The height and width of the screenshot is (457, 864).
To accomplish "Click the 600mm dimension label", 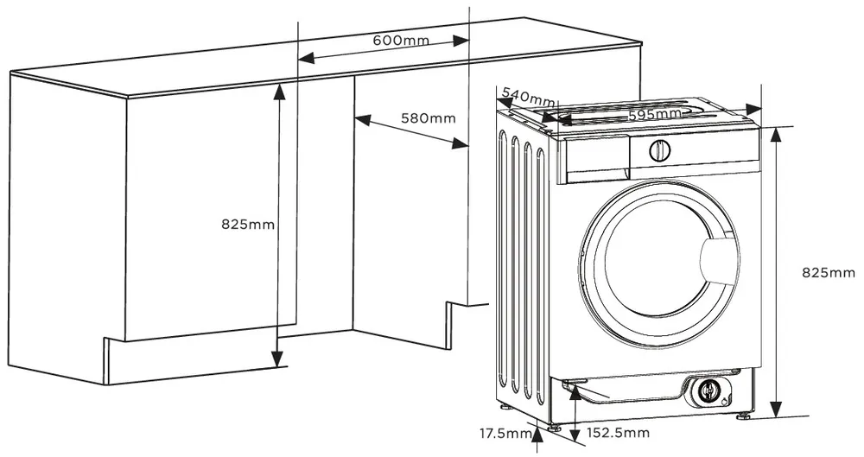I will click(403, 41).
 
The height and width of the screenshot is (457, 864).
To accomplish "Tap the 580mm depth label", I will click(428, 117).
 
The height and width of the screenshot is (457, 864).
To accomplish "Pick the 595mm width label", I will click(655, 114).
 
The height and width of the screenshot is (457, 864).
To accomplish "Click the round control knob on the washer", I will click(658, 150).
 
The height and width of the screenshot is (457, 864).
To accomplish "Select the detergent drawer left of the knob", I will click(595, 157).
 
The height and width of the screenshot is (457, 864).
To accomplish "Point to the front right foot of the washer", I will click(744, 415).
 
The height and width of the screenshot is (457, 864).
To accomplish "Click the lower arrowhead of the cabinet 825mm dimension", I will click(277, 359).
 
